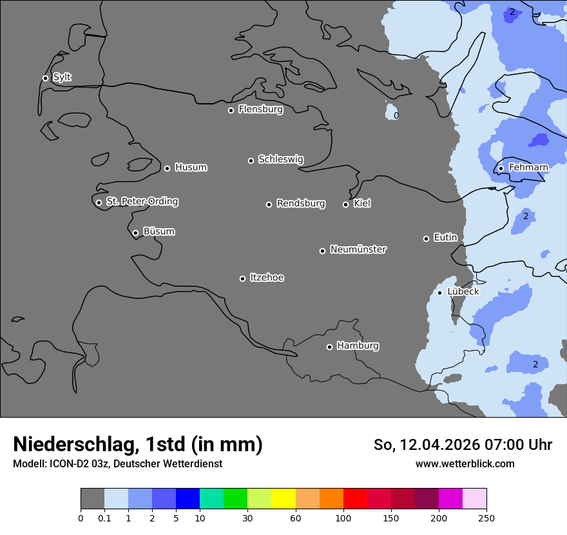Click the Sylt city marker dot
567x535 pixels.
click(45, 78)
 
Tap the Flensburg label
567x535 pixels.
click(260, 110)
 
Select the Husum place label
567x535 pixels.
click(191, 168)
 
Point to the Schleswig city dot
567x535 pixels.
click(251, 160)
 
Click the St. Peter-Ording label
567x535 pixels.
click(142, 202)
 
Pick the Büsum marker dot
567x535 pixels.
click(135, 233)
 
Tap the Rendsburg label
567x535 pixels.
click(301, 204)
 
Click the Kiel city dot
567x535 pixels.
click(345, 204)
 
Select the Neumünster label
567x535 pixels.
click(358, 249)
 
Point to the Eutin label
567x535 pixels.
click(445, 238)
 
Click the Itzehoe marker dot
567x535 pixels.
click(242, 278)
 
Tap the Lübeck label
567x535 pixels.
click(463, 291)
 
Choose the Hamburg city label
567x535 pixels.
click(358, 346)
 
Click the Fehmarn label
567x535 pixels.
click(528, 168)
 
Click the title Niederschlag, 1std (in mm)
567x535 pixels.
click(138, 444)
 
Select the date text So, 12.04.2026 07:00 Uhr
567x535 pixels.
click(463, 445)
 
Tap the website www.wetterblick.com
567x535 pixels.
click(465, 463)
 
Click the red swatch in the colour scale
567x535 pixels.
click(355, 499)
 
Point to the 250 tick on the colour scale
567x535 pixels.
click(486, 518)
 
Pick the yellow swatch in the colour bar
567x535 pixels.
click(283, 499)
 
